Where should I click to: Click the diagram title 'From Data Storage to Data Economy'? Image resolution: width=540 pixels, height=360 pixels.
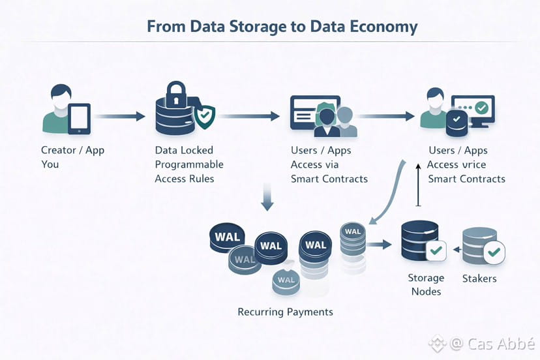[282, 27]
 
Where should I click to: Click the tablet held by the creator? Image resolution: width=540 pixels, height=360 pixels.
[79, 119]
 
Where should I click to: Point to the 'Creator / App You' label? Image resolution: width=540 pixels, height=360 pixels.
[72, 157]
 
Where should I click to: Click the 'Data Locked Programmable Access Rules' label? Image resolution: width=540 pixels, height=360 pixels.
[189, 164]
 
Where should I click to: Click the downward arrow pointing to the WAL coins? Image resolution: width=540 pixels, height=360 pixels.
[266, 197]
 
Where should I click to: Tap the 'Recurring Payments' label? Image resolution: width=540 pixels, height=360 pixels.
[286, 312]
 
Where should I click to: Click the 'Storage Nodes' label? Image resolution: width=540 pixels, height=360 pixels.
[426, 284]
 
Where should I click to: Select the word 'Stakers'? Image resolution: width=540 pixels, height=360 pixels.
[479, 278]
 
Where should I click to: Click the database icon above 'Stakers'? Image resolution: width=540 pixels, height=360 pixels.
[479, 244]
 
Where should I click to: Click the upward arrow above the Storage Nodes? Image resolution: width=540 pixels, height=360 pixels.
[418, 186]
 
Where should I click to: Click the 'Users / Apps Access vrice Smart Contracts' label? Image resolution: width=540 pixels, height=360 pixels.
[466, 164]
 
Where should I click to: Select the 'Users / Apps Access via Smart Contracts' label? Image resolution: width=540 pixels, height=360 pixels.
[329, 164]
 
